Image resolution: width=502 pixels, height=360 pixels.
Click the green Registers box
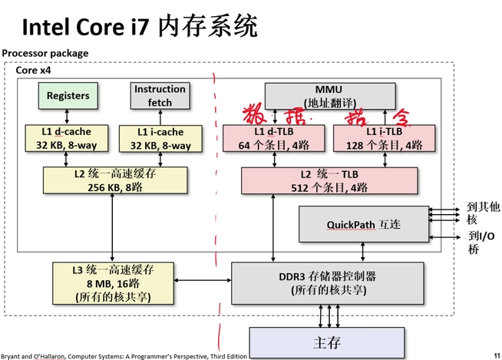click(x=68, y=96)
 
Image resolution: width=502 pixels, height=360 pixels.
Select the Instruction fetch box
click(x=160, y=94)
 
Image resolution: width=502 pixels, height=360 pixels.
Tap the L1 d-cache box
click(x=68, y=138)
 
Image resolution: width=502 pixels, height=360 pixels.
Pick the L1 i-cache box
click(x=160, y=138)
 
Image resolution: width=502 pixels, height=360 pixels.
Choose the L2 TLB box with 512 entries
click(x=331, y=180)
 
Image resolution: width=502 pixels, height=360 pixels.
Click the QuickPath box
click(x=363, y=224)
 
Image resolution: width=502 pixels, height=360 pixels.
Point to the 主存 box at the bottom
click(x=326, y=342)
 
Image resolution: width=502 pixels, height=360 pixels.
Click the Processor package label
click(x=45, y=53)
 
